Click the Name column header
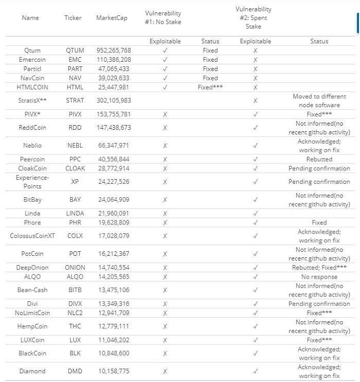tap(30, 18)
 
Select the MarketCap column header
tap(112, 18)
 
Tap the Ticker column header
tap(73, 18)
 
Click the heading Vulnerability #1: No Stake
tap(163, 18)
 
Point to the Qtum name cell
tap(32, 50)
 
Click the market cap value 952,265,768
tap(114, 50)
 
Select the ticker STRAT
tap(75, 100)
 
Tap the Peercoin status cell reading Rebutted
tap(319, 159)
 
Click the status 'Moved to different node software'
tap(319, 100)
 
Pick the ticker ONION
tap(75, 268)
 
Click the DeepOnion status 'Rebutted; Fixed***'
tap(319, 268)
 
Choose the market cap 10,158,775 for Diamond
tap(114, 371)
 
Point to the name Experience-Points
tap(32, 182)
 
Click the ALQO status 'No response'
tap(319, 277)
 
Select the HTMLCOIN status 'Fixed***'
tap(210, 87)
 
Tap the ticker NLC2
tap(75, 312)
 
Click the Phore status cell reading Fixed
tap(319, 222)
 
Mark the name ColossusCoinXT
tap(32, 236)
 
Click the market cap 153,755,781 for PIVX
tap(114, 114)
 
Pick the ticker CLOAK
tap(75, 168)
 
